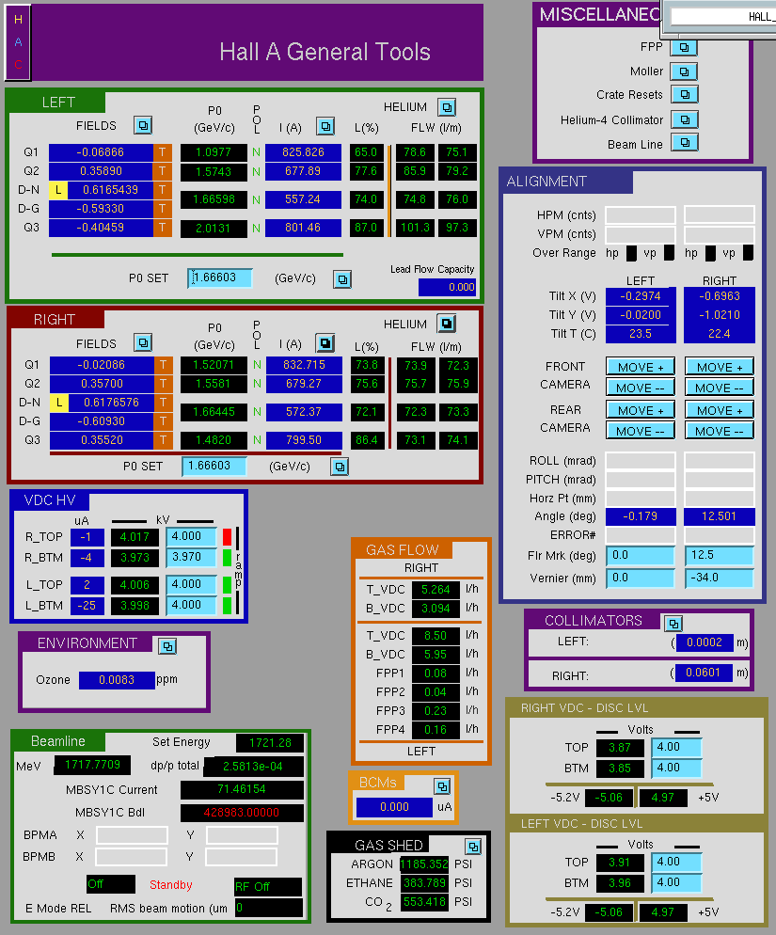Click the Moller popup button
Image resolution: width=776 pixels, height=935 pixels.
tap(684, 71)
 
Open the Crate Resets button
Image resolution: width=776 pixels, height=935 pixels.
tap(684, 94)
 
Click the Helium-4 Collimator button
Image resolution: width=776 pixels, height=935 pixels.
tap(684, 119)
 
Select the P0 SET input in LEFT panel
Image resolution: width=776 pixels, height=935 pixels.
tap(220, 277)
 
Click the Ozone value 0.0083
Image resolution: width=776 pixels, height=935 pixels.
tap(117, 680)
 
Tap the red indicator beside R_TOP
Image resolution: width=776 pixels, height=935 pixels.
tap(227, 537)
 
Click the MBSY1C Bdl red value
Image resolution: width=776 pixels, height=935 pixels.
tap(242, 812)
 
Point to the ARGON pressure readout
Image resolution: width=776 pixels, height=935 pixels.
tap(424, 864)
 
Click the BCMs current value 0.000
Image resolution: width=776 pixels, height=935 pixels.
tap(394, 807)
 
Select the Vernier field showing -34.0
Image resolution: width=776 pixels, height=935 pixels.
tap(720, 578)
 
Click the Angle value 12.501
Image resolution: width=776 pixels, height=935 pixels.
tap(720, 516)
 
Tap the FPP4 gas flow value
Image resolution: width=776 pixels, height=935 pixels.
tap(436, 729)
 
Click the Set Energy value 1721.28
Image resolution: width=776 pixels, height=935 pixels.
tap(270, 743)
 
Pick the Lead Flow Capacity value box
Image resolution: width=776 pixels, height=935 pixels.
tap(448, 288)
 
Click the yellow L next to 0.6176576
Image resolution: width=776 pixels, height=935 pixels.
tap(58, 403)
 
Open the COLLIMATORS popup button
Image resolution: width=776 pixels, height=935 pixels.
tap(673, 624)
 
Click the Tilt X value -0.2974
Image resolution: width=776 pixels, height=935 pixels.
tap(641, 296)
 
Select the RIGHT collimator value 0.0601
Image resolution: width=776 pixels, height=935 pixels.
tap(704, 673)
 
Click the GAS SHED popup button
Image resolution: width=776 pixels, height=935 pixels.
tap(473, 847)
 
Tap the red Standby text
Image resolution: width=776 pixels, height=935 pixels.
tap(170, 885)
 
